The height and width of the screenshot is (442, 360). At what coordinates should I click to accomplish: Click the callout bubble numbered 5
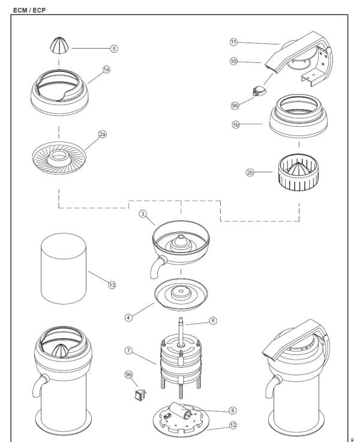(114, 48)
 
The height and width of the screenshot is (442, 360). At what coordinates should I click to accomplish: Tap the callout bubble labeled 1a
(106, 70)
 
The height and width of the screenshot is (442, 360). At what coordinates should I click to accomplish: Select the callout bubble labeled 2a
(103, 135)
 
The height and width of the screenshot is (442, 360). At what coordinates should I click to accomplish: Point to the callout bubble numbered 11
(234, 42)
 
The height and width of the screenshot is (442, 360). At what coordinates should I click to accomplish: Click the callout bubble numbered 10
(234, 61)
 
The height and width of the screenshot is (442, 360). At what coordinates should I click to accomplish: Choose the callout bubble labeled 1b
(235, 124)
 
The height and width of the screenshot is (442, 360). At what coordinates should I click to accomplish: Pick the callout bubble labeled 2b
(250, 173)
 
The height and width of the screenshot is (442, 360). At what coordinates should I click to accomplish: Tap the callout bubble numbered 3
(143, 214)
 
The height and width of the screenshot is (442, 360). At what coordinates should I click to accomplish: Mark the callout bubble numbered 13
(112, 285)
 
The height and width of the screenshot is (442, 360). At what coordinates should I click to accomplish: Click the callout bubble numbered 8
(232, 411)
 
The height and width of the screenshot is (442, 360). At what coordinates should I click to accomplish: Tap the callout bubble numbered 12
(232, 427)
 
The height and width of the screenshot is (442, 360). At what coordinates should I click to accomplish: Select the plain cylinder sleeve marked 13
(62, 270)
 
